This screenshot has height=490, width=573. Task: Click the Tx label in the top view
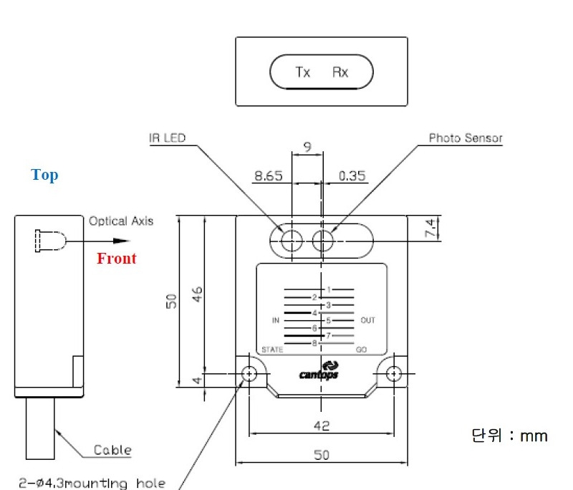tap(302, 72)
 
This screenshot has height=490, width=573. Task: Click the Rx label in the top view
tap(340, 72)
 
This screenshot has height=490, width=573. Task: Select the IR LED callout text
tap(168, 138)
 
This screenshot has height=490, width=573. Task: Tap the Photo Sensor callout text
tap(466, 138)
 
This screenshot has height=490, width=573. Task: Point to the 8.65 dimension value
tap(269, 176)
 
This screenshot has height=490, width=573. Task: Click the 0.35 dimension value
tap(352, 176)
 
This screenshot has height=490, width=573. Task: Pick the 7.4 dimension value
tap(431, 228)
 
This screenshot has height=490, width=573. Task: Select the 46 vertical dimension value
tap(197, 294)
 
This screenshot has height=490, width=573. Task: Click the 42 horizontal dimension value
tap(322, 426)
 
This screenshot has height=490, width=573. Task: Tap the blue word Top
tap(44, 176)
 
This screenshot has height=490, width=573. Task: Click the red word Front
tap(117, 259)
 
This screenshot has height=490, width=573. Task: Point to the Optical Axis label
tap(121, 221)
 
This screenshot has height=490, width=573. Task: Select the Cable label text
tap(112, 450)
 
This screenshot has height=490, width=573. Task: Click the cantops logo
tap(319, 371)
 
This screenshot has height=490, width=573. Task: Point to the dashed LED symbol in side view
tap(50, 241)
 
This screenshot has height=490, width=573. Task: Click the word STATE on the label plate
tap(272, 350)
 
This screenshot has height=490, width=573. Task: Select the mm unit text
tap(534, 436)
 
